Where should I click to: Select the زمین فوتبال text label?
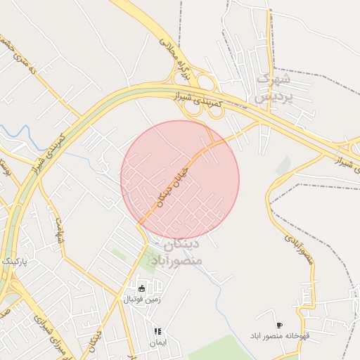(x=142, y=299)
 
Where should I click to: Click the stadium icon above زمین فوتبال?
(x=142, y=288)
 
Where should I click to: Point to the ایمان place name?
(x=157, y=342)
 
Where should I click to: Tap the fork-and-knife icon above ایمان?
(x=157, y=331)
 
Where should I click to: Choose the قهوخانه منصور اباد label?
(x=281, y=336)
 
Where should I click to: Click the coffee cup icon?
(x=280, y=326)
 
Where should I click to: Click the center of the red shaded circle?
(x=180, y=179)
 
